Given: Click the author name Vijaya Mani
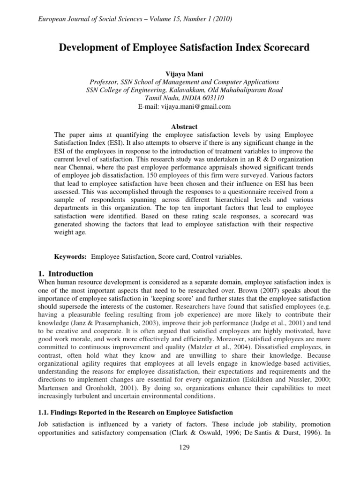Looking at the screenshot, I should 180,73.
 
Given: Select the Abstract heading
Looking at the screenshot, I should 180,127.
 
